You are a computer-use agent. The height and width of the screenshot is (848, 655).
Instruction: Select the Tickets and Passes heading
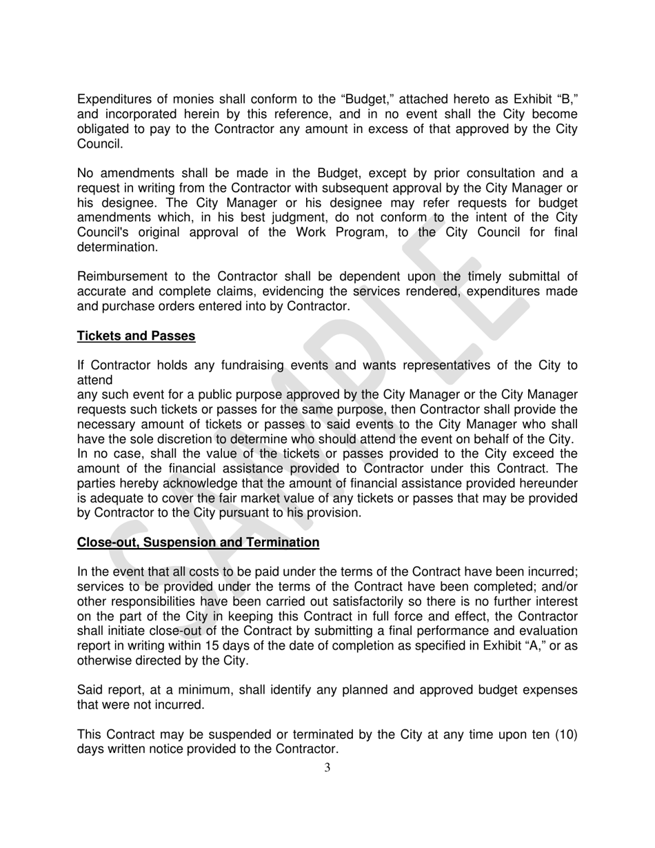click(136, 336)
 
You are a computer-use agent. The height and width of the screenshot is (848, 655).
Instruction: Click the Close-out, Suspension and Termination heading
click(198, 543)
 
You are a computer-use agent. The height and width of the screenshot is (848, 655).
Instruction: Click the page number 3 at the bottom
click(327, 768)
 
